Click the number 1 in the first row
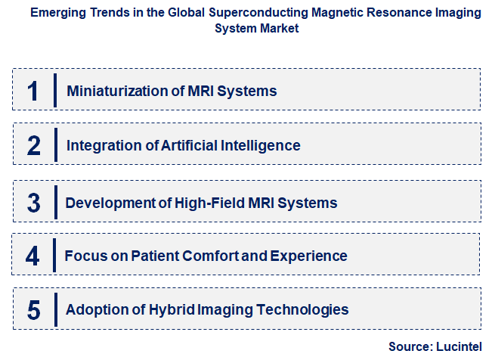click(32, 91)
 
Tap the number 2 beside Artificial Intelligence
click(33, 145)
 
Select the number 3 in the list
click(33, 203)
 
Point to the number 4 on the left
click(32, 256)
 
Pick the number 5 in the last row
click(33, 309)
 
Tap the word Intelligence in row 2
click(262, 145)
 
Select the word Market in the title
click(277, 28)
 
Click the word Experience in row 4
click(310, 256)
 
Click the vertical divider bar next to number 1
click(55, 90)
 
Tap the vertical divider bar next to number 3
click(55, 202)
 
